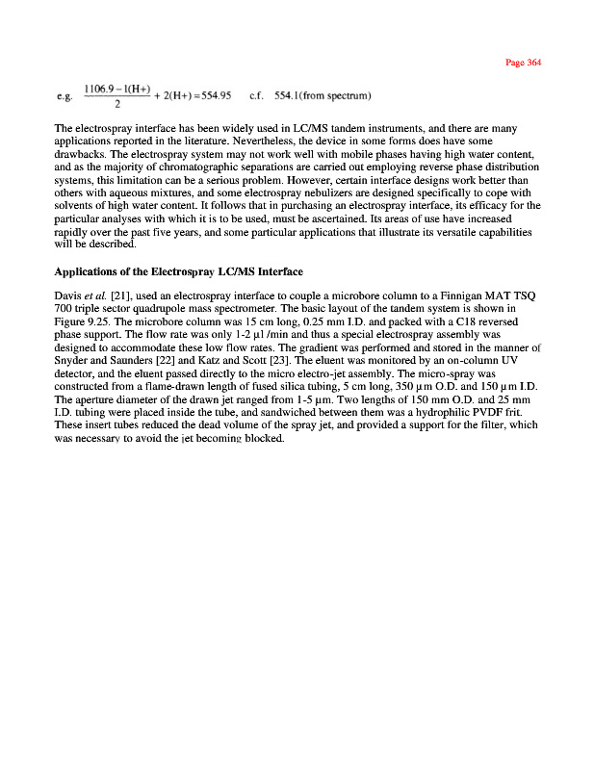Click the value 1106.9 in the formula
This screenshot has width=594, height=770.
(x=100, y=90)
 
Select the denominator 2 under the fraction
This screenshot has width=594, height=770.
(x=116, y=104)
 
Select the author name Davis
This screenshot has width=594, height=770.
(x=68, y=293)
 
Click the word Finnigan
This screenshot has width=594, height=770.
(x=458, y=293)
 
